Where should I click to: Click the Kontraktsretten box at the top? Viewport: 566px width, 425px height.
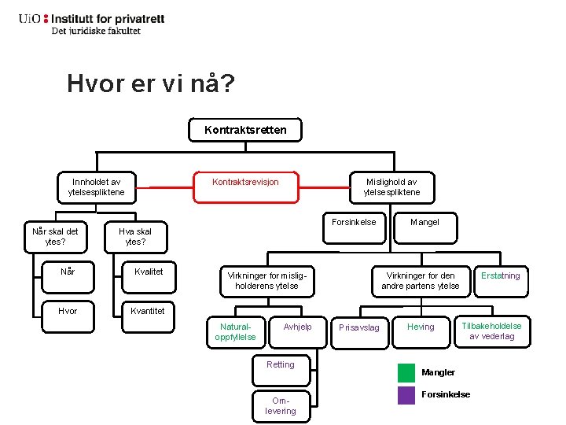(245, 130)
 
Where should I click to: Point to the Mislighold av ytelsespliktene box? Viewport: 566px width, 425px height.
(391, 187)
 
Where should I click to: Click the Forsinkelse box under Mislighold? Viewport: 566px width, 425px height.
(354, 222)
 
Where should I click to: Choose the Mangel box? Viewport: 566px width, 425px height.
(424, 222)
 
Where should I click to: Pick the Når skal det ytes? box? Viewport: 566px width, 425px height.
(55, 236)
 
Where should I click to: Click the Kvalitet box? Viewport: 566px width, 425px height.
(149, 272)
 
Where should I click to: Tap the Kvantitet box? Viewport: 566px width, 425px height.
(148, 311)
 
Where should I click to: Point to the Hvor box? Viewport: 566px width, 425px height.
(68, 311)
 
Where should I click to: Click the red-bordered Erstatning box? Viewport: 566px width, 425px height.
(501, 276)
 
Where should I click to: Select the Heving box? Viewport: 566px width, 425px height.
(421, 327)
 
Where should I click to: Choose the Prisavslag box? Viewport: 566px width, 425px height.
(358, 327)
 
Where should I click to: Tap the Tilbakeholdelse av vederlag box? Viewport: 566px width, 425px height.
(491, 331)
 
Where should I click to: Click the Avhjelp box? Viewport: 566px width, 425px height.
(298, 327)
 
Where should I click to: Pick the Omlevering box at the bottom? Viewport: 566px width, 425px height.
(281, 405)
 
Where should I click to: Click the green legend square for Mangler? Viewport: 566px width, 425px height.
(406, 372)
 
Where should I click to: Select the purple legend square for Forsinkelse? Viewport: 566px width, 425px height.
(406, 394)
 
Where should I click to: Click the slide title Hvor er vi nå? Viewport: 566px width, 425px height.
(150, 83)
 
